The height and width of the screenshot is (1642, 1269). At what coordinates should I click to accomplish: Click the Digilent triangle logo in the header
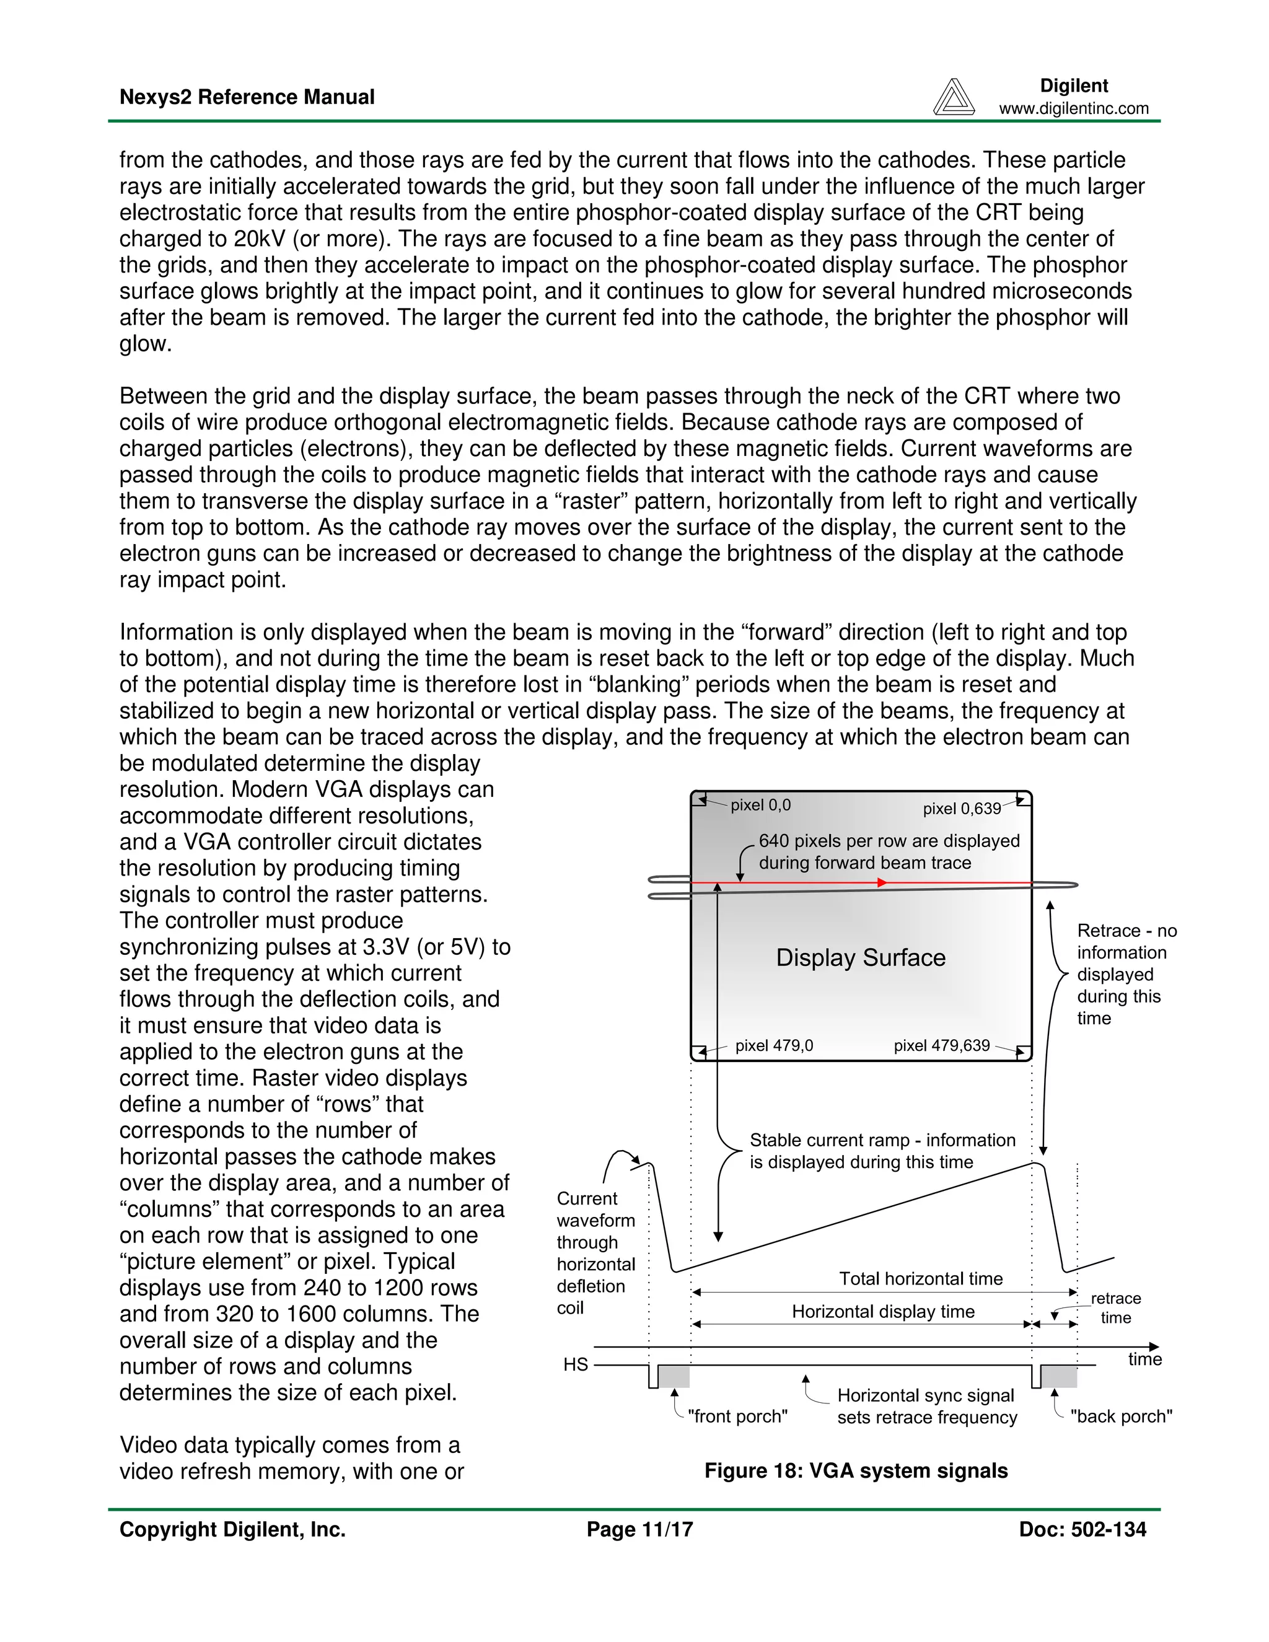pyautogui.click(x=953, y=97)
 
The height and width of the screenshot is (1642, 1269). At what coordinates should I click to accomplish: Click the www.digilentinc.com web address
pyautogui.click(x=1074, y=108)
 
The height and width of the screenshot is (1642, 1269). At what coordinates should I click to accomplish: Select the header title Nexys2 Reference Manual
pyautogui.click(x=247, y=97)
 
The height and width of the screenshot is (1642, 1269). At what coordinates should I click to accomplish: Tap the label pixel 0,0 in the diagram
pyautogui.click(x=760, y=806)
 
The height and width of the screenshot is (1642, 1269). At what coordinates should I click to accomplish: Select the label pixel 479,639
pyautogui.click(x=941, y=1045)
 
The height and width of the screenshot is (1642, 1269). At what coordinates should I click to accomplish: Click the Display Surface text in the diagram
pyautogui.click(x=860, y=957)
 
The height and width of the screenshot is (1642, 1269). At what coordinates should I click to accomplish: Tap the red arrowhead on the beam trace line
pyautogui.click(x=882, y=882)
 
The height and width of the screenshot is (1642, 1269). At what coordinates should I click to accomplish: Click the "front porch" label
pyautogui.click(x=737, y=1416)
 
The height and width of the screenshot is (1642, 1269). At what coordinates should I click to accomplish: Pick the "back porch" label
pyautogui.click(x=1121, y=1416)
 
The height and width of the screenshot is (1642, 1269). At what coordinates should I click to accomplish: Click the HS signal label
pyautogui.click(x=575, y=1364)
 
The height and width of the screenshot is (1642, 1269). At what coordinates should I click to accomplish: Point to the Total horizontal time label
pyautogui.click(x=920, y=1278)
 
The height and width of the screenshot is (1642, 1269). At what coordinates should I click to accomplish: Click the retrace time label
pyautogui.click(x=1115, y=1307)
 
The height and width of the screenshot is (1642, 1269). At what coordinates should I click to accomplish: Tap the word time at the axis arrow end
pyautogui.click(x=1144, y=1359)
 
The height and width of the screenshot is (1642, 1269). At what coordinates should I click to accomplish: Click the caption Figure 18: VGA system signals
pyautogui.click(x=856, y=1470)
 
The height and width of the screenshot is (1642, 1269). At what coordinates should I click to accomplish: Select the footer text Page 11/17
pyautogui.click(x=639, y=1529)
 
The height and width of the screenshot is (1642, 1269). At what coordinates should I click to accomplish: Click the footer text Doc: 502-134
pyautogui.click(x=1082, y=1529)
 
